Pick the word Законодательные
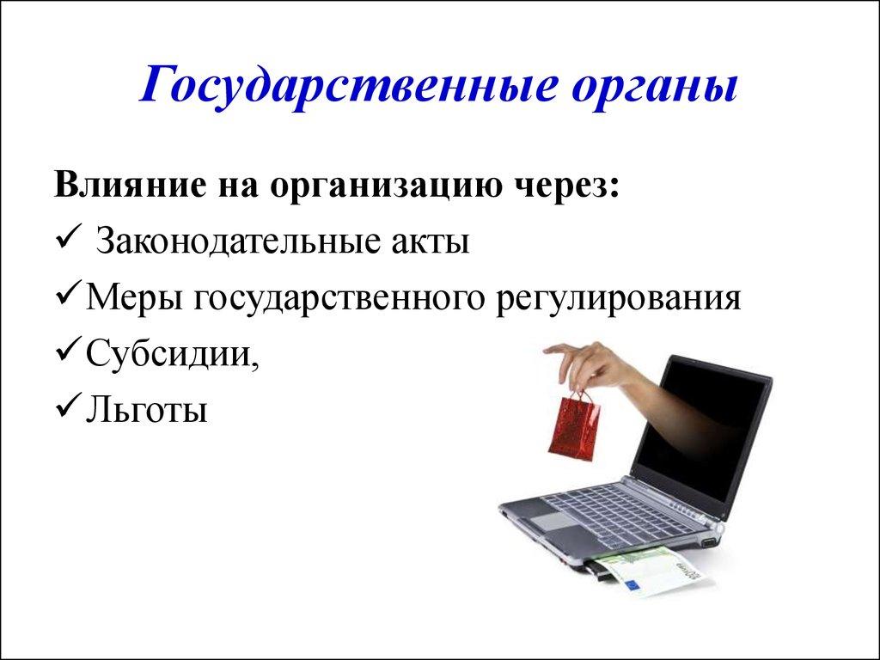(x=235, y=241)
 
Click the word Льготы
(x=146, y=410)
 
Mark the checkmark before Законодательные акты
(x=68, y=240)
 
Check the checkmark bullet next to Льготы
(x=68, y=407)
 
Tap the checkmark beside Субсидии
(x=68, y=351)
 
